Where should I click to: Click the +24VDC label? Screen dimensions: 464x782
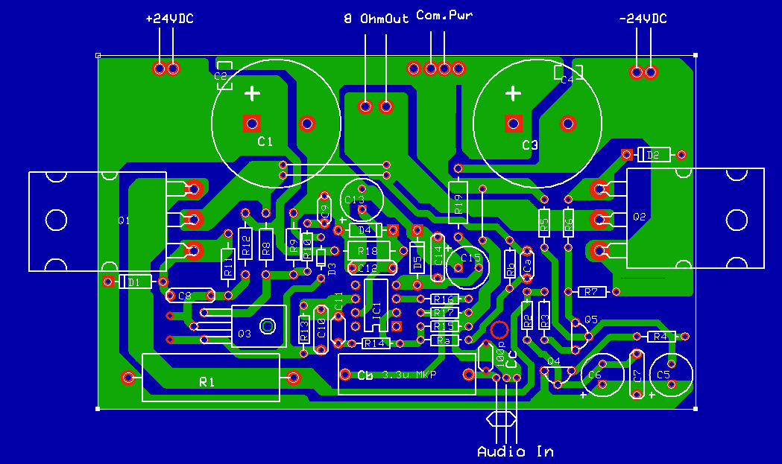(x=169, y=19)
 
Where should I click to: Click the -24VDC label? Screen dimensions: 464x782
(x=643, y=19)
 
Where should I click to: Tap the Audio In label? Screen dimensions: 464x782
(x=515, y=451)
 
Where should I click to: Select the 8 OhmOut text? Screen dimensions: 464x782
(x=376, y=19)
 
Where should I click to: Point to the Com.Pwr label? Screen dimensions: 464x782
(x=444, y=15)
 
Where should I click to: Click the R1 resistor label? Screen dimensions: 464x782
(x=207, y=382)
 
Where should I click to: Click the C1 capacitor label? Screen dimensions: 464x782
(x=265, y=142)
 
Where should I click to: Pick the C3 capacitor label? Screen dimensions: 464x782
(x=529, y=145)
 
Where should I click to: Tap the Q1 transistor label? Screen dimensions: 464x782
(x=124, y=220)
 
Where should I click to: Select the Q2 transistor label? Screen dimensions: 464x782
(x=639, y=217)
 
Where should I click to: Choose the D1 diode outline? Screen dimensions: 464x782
(x=134, y=282)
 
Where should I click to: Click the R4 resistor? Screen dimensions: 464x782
(x=660, y=337)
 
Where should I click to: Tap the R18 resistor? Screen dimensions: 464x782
(x=368, y=250)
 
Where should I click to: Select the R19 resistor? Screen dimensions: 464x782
(x=458, y=203)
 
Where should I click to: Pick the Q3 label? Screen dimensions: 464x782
(x=244, y=334)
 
